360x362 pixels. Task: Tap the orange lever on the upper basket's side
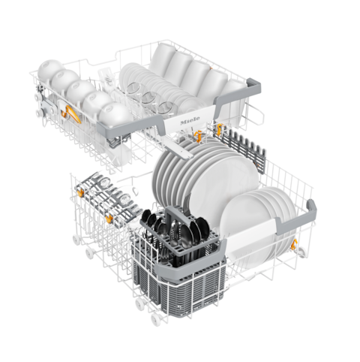pyautogui.click(x=73, y=114)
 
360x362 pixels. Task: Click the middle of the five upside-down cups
pyautogui.click(x=80, y=91)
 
